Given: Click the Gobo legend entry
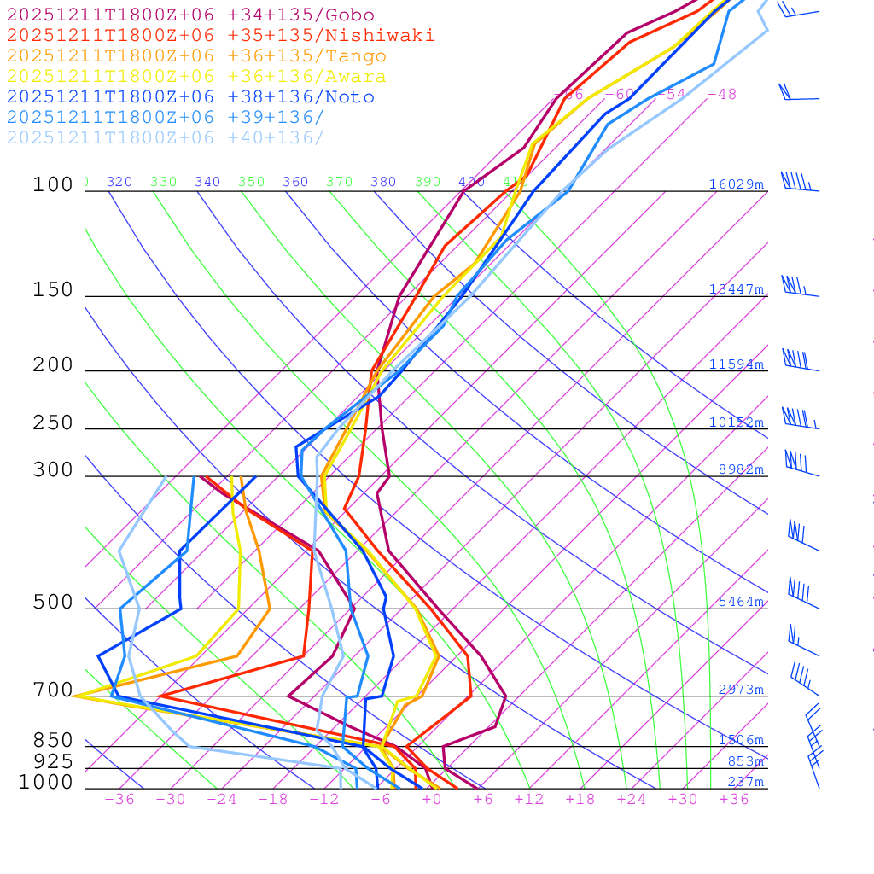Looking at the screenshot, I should [190, 15].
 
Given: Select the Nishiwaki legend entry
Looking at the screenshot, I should [220, 35].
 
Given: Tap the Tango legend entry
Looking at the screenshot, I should [196, 56].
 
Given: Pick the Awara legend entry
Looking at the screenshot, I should [196, 77].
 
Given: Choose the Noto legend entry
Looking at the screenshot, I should [190, 97].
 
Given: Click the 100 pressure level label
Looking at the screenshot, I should [53, 184].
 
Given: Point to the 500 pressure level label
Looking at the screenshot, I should [53, 603].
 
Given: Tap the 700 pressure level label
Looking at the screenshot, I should [53, 690].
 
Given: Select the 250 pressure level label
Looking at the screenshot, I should [53, 422].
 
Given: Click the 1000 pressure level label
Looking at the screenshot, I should [46, 782].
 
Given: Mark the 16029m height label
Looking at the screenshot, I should [736, 184].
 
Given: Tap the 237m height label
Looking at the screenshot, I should [745, 782].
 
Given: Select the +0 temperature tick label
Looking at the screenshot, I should [431, 799].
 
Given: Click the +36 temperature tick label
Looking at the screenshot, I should [733, 799].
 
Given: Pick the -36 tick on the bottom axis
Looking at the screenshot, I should [119, 799].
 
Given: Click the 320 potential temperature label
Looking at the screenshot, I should [119, 182].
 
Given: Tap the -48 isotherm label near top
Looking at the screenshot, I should [721, 94].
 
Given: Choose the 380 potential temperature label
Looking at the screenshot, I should [383, 182].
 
